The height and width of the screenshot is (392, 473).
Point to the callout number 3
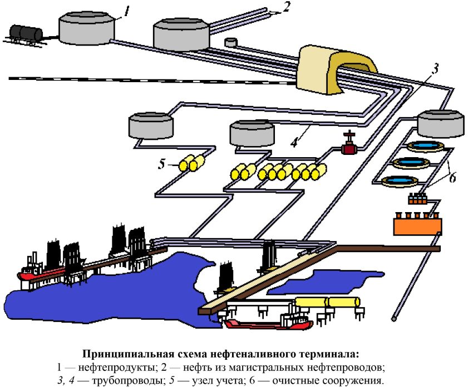coord(436,69)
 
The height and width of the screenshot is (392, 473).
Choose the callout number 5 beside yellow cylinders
coord(162,165)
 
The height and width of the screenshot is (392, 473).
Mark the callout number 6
coord(452,178)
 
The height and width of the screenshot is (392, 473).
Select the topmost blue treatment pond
coord(424,146)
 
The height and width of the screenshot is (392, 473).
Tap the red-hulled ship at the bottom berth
coord(267,323)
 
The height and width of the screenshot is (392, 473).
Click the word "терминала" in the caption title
coord(326,354)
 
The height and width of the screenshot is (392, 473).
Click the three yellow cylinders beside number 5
coord(193,164)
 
